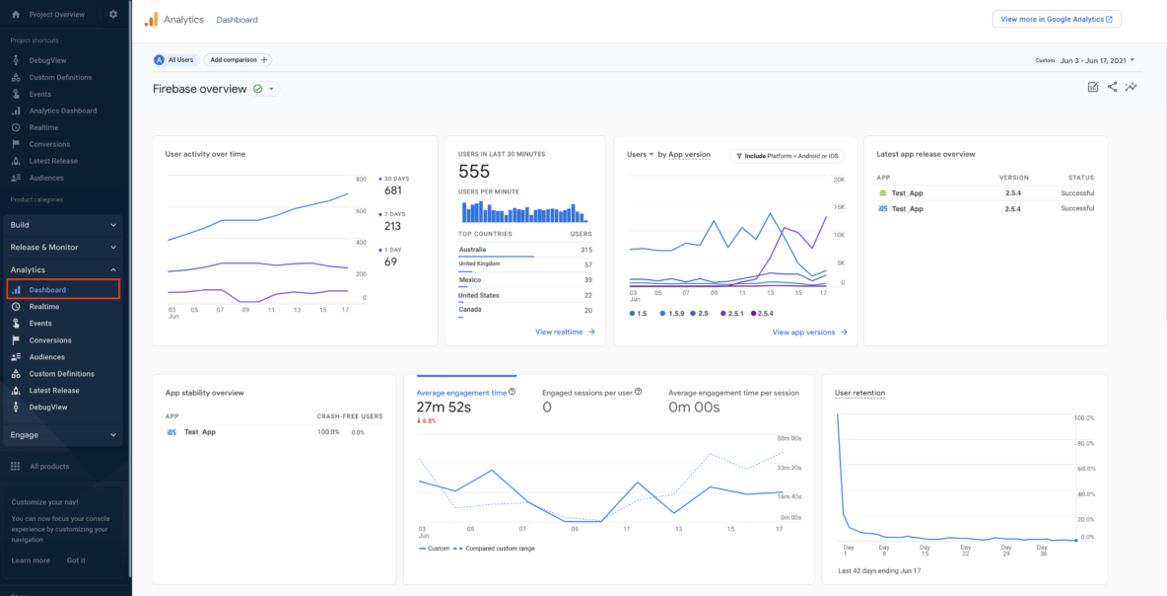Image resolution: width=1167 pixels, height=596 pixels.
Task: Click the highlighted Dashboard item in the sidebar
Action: click(x=47, y=290)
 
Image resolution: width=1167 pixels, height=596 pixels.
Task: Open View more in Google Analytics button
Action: click(x=1056, y=19)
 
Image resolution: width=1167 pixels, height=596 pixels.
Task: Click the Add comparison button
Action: click(x=238, y=59)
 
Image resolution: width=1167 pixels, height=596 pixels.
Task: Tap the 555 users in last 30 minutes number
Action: click(x=474, y=172)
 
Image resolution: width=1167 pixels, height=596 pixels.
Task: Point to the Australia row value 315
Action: click(x=585, y=250)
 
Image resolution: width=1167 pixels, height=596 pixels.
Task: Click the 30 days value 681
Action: click(x=393, y=190)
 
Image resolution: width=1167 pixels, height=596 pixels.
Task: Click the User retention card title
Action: click(x=859, y=393)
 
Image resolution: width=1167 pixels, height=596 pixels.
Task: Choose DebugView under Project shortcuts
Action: click(x=46, y=60)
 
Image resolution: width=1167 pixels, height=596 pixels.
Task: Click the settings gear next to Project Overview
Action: click(x=113, y=15)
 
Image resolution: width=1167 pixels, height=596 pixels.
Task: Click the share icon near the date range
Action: click(x=1112, y=87)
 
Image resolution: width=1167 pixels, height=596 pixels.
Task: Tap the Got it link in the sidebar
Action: click(x=76, y=560)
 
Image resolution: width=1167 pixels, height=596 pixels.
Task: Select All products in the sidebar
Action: click(x=48, y=467)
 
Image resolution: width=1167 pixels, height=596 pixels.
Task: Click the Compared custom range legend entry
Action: click(x=498, y=549)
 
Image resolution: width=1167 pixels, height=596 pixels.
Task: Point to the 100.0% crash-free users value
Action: click(x=328, y=432)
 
